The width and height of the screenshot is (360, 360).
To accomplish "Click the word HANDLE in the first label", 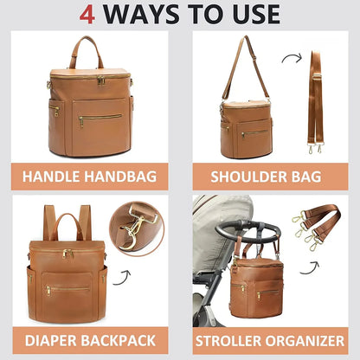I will pyautogui.click(x=51, y=177).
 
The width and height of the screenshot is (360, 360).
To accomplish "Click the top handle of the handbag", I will pyautogui.click(x=87, y=50).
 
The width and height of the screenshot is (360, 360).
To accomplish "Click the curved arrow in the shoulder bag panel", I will pyautogui.click(x=292, y=61).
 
